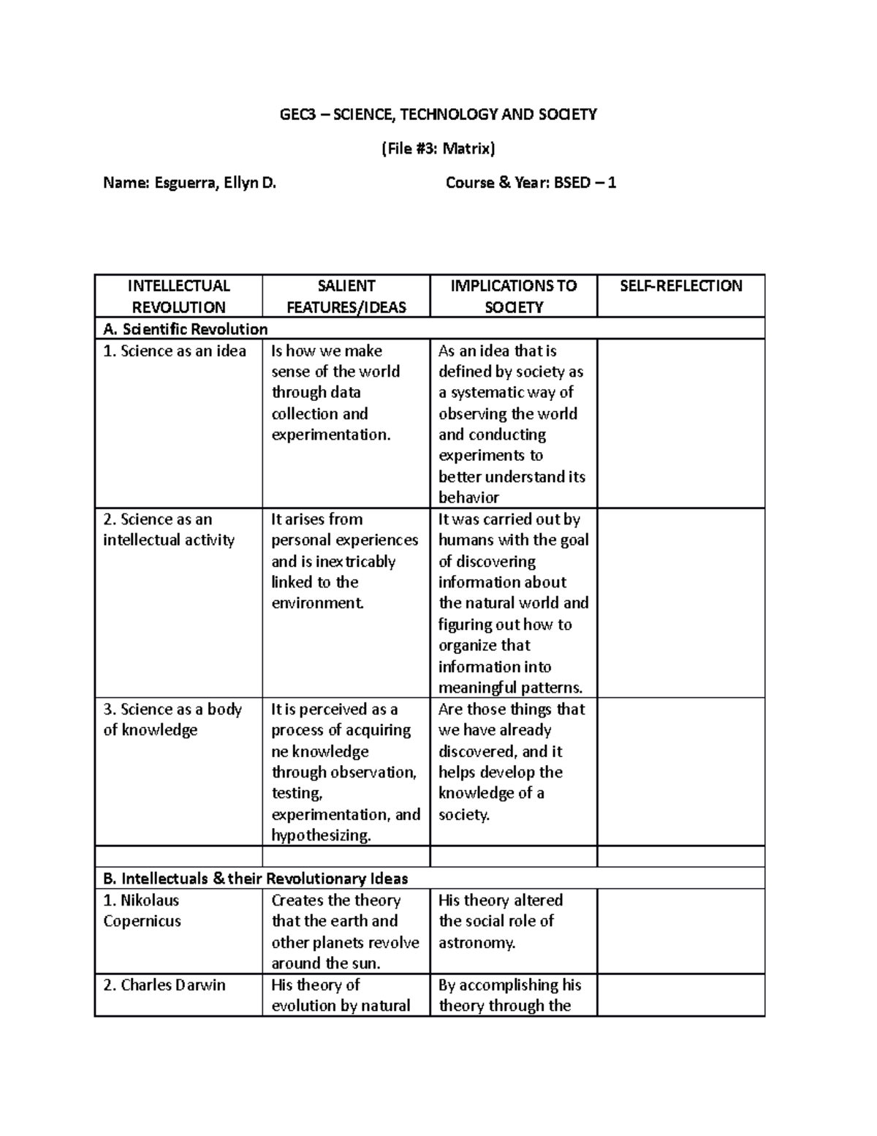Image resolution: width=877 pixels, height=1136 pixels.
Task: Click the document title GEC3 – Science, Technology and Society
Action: [x=438, y=114]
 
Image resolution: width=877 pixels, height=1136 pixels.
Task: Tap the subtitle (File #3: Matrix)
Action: [x=438, y=148]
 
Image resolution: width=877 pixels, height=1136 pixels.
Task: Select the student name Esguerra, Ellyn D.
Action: [x=215, y=183]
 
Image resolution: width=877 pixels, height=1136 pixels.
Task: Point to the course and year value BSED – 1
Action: [x=585, y=183]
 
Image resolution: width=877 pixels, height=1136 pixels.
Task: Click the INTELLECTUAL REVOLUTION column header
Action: [x=178, y=296]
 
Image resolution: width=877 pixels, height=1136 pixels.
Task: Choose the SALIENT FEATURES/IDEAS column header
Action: [x=346, y=296]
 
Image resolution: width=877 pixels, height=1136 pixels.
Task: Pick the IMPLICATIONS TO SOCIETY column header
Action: [x=513, y=296]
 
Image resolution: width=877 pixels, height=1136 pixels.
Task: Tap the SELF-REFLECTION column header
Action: [x=680, y=286]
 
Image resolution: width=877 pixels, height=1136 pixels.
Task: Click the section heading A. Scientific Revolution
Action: [x=186, y=329]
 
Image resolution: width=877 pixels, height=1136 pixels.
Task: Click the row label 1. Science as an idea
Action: [x=175, y=351]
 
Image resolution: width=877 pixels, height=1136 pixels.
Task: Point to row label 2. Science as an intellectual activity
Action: [x=169, y=530]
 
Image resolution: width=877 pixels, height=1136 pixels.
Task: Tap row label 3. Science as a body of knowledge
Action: [x=172, y=720]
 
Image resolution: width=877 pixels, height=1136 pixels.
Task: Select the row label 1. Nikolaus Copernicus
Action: [x=142, y=911]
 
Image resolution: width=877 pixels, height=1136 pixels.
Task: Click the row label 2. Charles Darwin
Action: [x=164, y=985]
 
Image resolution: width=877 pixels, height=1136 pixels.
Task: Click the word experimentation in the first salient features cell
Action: [x=330, y=435]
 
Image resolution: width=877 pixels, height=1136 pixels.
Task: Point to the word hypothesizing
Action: [x=321, y=836]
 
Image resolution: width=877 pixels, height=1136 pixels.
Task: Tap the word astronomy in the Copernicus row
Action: [x=476, y=943]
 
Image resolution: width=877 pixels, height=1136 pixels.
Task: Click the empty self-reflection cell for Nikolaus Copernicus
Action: [x=680, y=931]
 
